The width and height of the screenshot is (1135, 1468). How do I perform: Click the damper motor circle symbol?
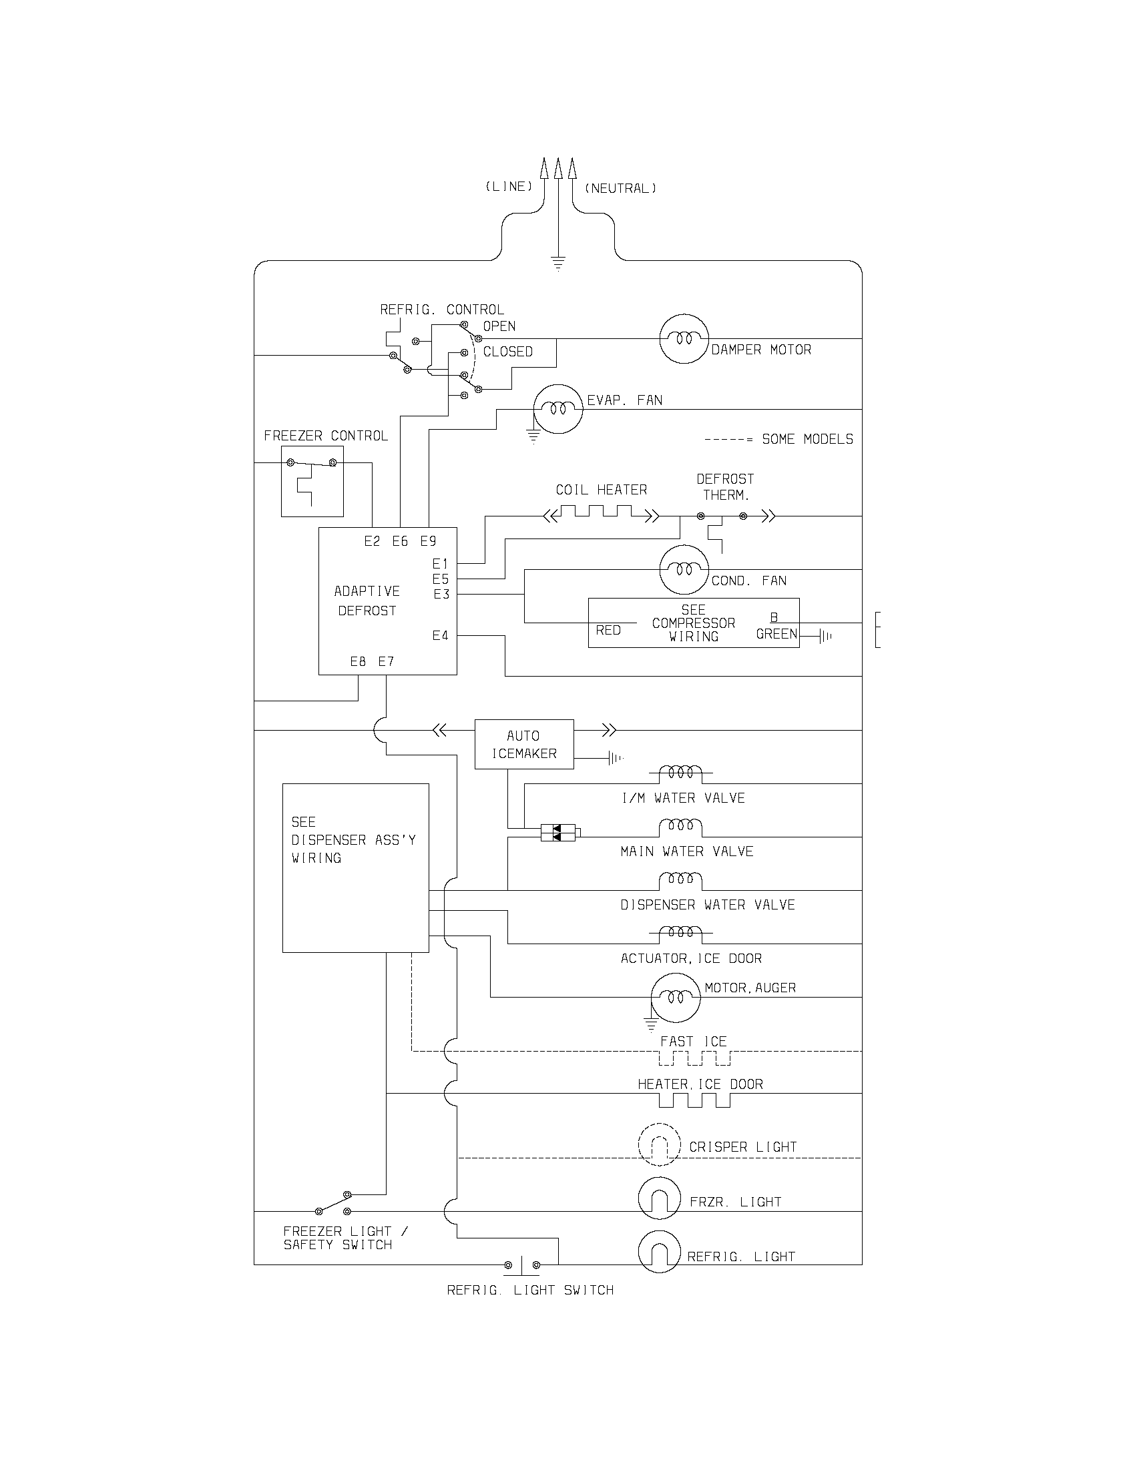(684, 339)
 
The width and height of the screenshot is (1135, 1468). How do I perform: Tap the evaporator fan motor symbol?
(557, 408)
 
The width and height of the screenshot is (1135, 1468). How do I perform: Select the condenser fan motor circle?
(684, 570)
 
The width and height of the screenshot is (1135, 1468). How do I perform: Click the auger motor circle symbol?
(675, 998)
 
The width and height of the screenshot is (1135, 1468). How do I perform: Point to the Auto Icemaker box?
(524, 744)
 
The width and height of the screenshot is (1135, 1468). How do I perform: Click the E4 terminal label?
(440, 635)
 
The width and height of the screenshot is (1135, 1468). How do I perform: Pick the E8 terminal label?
(358, 661)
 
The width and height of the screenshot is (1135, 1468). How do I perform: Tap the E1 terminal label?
(440, 563)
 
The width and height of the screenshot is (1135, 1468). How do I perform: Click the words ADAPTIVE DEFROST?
(367, 601)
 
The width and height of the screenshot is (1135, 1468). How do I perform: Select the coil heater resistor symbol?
(601, 515)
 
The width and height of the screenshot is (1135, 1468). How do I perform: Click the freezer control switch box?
(312, 481)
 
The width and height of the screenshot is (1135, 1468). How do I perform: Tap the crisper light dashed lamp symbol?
(659, 1144)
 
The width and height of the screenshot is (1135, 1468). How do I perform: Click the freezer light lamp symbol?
(659, 1198)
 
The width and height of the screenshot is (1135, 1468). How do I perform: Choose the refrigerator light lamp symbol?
(659, 1252)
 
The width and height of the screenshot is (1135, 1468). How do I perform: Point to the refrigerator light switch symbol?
(523, 1265)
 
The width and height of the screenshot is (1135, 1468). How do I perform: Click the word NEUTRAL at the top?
(620, 189)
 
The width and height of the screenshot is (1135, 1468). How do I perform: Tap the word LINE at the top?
(509, 187)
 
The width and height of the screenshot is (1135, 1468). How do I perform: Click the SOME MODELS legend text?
(807, 440)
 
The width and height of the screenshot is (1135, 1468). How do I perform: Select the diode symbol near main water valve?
(557, 833)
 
